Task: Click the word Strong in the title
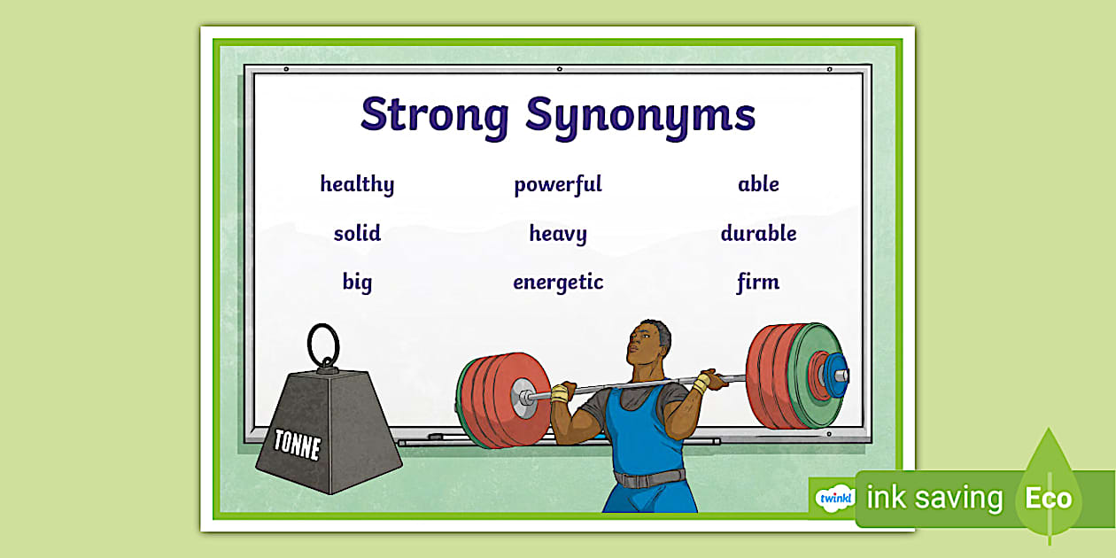(434, 115)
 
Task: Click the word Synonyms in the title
(640, 115)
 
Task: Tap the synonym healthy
(357, 184)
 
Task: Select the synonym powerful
(558, 184)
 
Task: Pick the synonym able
(758, 184)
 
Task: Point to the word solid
(357, 234)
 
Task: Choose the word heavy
(558, 234)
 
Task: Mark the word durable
(758, 234)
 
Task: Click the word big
(357, 283)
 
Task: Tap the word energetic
(558, 283)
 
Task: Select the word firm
(758, 283)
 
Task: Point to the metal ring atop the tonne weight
(323, 342)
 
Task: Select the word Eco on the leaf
(1049, 499)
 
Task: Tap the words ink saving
(934, 499)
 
